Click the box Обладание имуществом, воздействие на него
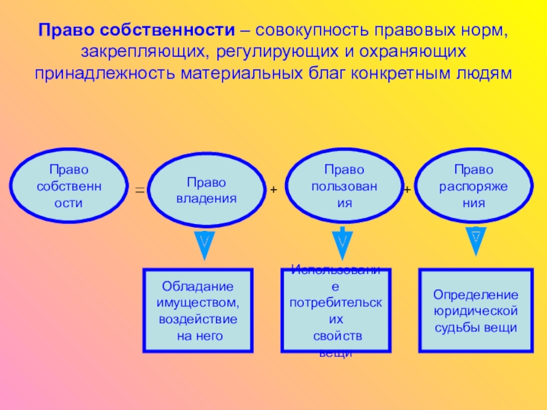(x=198, y=310)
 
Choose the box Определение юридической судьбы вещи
(x=476, y=310)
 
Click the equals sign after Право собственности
(x=139, y=191)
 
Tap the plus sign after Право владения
(x=273, y=189)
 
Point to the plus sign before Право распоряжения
(x=407, y=189)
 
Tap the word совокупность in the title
(x=304, y=31)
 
